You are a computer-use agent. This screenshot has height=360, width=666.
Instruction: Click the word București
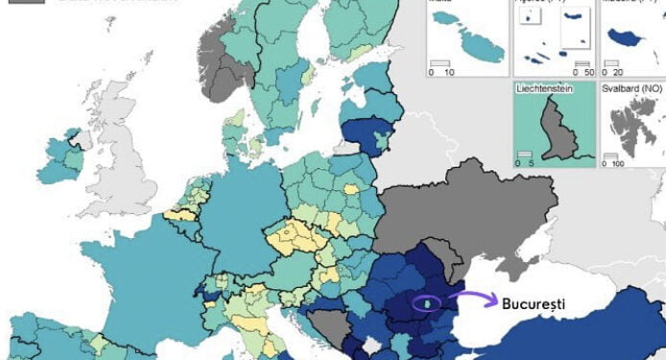534,303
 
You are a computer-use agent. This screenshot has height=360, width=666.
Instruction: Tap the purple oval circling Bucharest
424,303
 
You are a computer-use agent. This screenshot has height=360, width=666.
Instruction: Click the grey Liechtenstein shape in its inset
554,131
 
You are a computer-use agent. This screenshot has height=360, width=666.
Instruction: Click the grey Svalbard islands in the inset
634,129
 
